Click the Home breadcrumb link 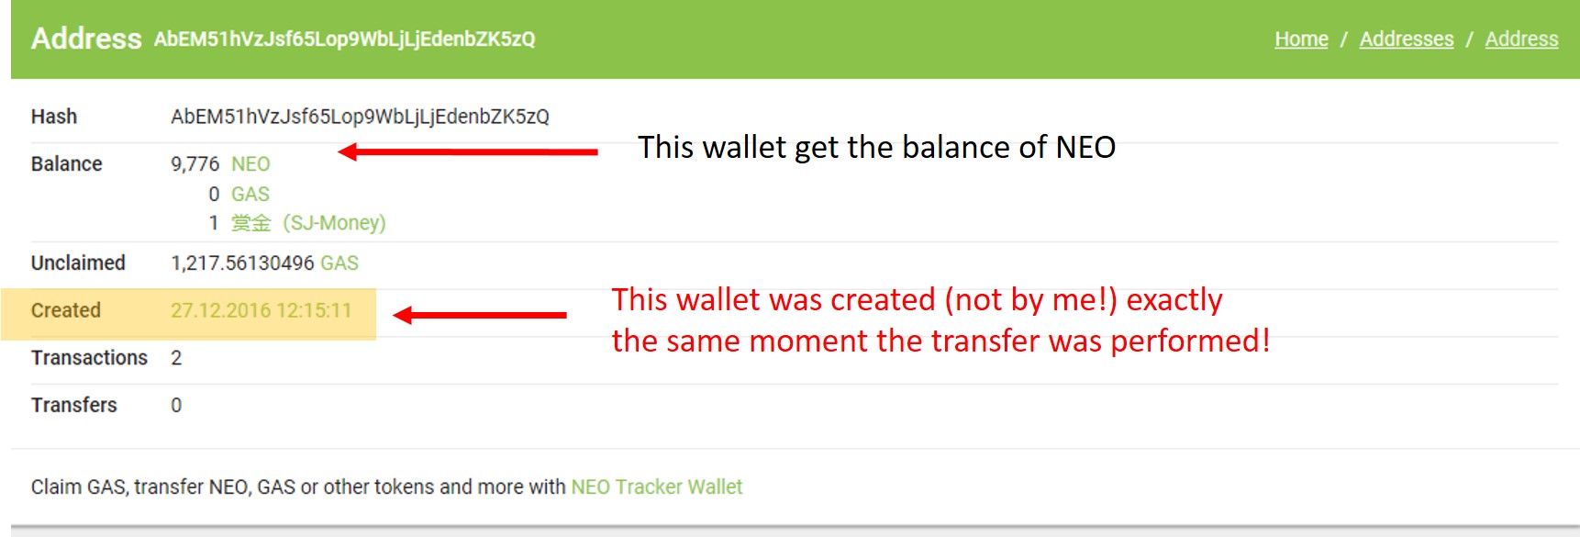pos(1301,39)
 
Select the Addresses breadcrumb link pos(1406,39)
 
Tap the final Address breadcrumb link pos(1521,39)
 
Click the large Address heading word pos(86,39)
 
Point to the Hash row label pos(54,117)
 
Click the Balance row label pos(66,163)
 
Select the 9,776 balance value pos(195,164)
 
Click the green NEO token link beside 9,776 pos(250,164)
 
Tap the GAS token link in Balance pos(250,195)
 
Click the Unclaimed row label pos(78,263)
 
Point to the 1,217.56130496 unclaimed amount pos(242,263)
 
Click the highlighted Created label pos(66,310)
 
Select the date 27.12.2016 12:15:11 pos(261,310)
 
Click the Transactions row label pos(89,358)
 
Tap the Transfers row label pos(74,405)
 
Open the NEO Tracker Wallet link pos(656,487)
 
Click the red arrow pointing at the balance pos(468,151)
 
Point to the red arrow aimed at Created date pos(480,315)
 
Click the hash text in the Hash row pos(360,117)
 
